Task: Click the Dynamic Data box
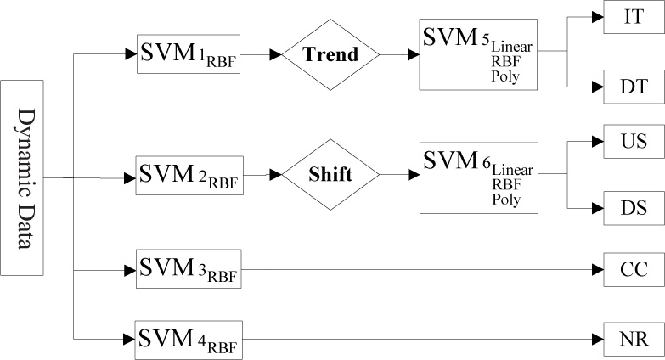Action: coord(22,177)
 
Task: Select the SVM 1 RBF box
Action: coord(188,54)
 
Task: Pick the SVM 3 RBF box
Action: coord(188,270)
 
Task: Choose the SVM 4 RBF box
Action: coord(188,340)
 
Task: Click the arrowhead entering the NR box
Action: coord(597,340)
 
